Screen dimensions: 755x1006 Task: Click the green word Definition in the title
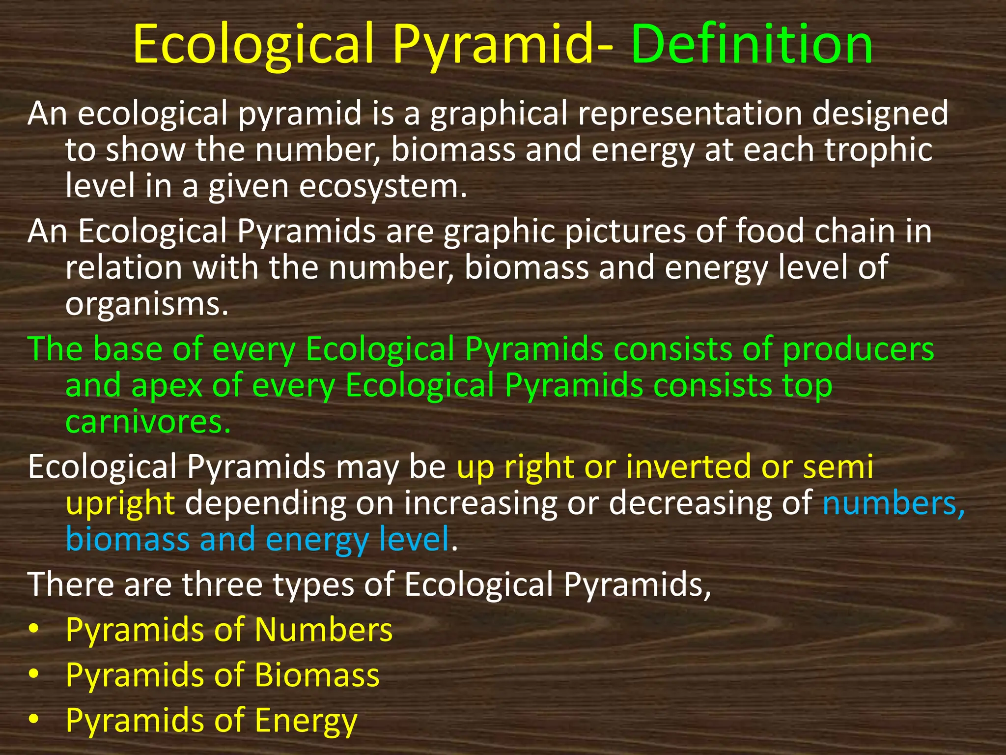tap(752, 45)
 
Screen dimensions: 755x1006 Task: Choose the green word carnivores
tap(147, 422)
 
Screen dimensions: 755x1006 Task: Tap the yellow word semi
tap(838, 467)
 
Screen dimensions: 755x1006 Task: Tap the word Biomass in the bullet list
tap(317, 675)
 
